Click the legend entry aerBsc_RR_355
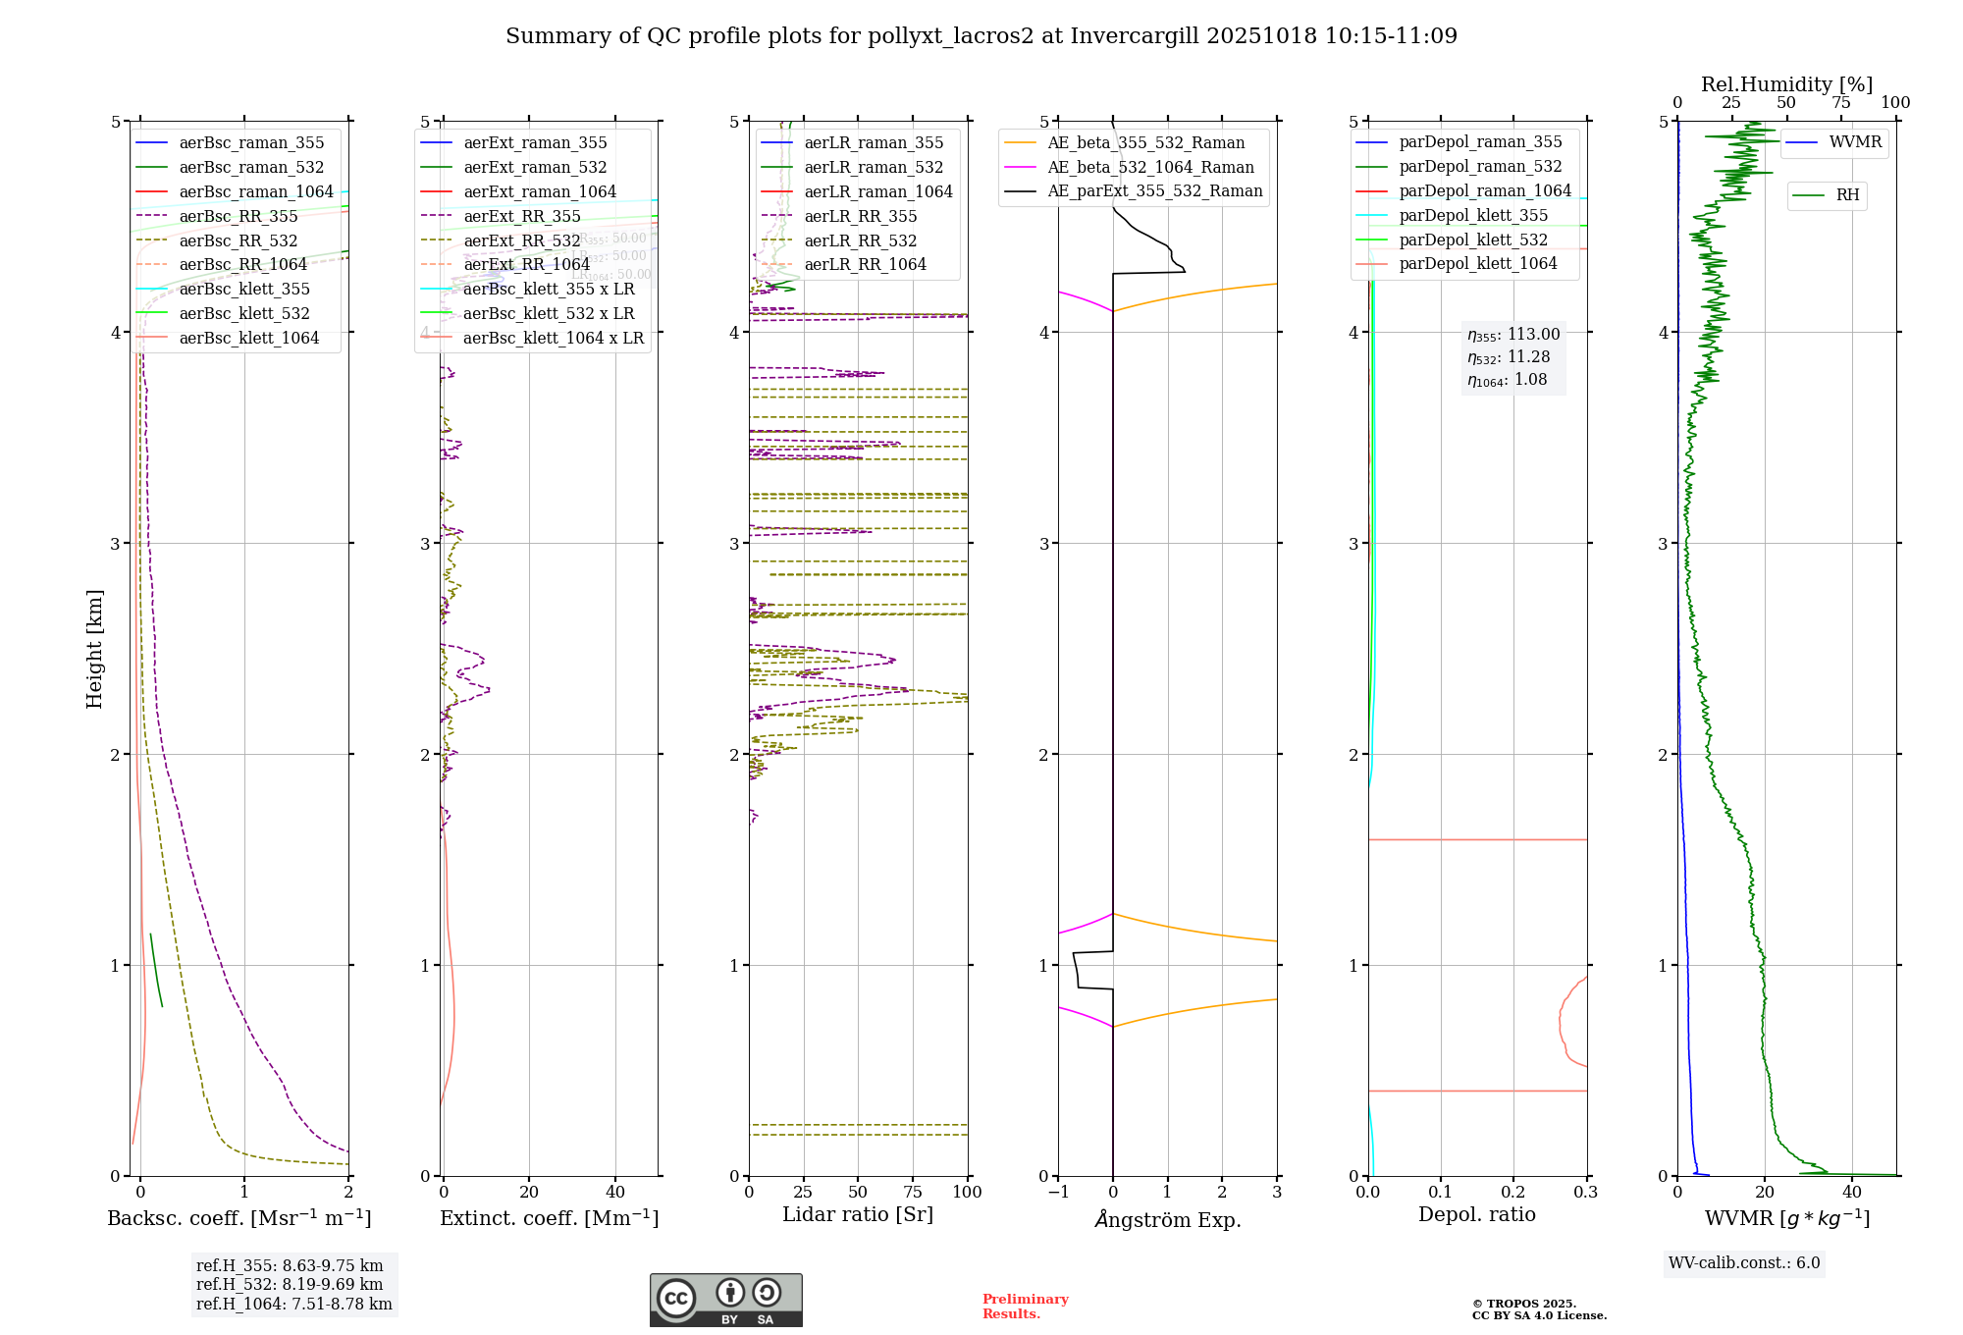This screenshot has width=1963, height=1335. click(x=238, y=216)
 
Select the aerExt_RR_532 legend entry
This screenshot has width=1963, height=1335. click(x=521, y=240)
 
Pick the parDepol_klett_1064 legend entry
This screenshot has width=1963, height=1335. click(x=1477, y=264)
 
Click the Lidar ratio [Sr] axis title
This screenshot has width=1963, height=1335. click(x=857, y=1215)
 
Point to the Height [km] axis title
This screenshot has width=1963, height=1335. click(x=94, y=649)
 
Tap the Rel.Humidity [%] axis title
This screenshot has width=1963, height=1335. click(x=1786, y=84)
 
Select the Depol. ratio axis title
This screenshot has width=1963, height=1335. click(x=1476, y=1215)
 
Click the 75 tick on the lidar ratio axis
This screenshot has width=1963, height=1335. click(x=913, y=1193)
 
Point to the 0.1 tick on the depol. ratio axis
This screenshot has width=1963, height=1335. click(x=1440, y=1193)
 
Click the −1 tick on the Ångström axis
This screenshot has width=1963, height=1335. click(x=1057, y=1193)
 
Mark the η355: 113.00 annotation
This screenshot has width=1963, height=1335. click(x=1512, y=335)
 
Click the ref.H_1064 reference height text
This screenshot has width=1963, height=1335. click(x=293, y=1305)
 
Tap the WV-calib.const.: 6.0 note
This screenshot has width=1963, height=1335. click(x=1744, y=1263)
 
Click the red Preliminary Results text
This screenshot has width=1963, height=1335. click(x=1025, y=1307)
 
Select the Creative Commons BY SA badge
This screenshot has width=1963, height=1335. click(x=725, y=1301)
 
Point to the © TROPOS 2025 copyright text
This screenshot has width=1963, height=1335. click(x=1523, y=1305)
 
